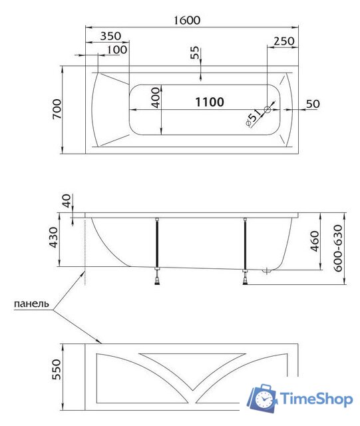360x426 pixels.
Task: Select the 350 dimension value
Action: pos(114,36)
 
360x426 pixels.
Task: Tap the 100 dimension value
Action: pos(116,50)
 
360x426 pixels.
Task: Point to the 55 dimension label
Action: pos(194,54)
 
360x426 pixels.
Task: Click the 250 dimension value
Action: pos(283,41)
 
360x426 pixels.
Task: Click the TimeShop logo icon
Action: pos(264,399)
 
